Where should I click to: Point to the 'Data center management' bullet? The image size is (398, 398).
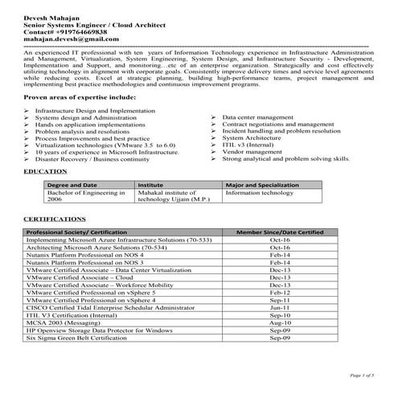click(x=256, y=117)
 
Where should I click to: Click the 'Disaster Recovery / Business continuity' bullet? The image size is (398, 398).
click(x=92, y=159)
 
